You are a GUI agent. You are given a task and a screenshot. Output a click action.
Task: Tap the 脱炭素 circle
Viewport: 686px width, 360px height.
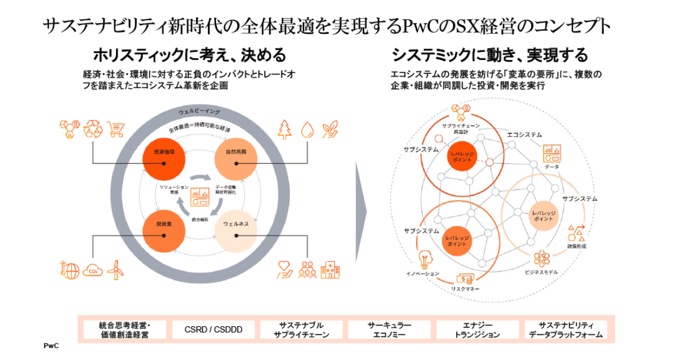163,232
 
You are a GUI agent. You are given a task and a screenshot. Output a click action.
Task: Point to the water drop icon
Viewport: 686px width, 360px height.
308,129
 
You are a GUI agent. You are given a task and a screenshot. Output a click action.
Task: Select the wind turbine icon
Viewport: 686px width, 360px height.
116,270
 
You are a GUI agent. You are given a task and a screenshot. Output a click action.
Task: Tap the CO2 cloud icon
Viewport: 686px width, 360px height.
93,270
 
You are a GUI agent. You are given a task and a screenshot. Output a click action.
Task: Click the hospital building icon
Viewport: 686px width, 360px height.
330,270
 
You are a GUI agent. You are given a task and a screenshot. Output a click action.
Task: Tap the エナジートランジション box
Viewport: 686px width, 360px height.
477,330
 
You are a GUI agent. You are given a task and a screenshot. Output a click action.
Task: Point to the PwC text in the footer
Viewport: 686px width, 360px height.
51,346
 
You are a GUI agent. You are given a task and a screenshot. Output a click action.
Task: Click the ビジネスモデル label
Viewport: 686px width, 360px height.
541,272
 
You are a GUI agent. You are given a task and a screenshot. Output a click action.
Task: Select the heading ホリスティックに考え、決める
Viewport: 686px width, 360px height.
189,55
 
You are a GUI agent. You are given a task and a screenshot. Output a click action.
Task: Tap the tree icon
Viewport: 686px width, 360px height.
284,129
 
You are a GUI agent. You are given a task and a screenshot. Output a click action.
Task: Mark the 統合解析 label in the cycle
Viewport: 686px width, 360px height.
200,219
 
